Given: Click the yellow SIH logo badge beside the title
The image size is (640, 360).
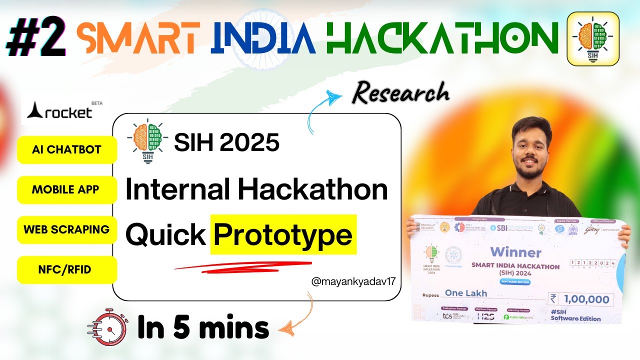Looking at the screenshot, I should tap(592, 38).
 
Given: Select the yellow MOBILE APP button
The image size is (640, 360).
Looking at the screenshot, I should tap(65, 190).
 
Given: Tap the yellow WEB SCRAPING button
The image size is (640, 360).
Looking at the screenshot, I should tap(66, 229).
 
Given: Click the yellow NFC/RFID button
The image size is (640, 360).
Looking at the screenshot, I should tap(65, 270).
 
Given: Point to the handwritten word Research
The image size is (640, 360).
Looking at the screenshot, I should tap(400, 93).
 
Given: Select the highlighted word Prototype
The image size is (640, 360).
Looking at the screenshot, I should tap(283, 234).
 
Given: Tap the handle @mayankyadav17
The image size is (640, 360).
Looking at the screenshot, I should tap(353, 281).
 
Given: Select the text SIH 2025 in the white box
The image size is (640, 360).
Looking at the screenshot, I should tap(226, 143).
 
